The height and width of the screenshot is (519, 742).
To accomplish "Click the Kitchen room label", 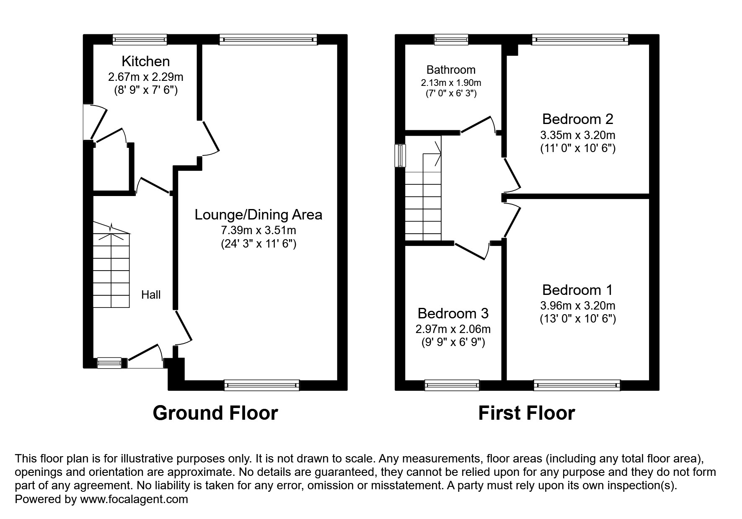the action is click(145, 62).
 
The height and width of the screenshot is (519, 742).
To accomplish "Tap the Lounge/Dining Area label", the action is click(258, 215).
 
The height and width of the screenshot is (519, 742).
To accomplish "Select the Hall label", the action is click(151, 295).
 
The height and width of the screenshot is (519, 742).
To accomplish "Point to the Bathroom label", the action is click(451, 70).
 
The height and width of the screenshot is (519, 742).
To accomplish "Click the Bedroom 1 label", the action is click(577, 290).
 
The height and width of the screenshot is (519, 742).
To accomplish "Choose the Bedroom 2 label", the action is click(577, 119).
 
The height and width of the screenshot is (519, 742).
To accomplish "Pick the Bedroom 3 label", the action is click(453, 313).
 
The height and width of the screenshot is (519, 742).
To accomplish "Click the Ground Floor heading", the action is click(215, 413).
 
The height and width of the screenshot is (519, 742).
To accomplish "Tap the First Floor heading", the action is click(526, 413).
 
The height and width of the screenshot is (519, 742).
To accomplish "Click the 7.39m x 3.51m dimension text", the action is click(258, 230).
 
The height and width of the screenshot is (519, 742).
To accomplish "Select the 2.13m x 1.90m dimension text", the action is click(451, 83).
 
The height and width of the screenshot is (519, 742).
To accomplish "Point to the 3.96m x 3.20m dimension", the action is click(577, 305).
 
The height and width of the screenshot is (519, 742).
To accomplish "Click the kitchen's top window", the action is click(140, 40).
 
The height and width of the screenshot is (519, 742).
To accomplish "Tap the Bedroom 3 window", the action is click(452, 385).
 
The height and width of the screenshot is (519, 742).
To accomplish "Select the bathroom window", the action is click(451, 40).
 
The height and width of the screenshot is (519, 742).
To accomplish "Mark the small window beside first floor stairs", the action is click(401, 156).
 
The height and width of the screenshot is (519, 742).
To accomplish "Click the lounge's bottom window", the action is click(262, 385).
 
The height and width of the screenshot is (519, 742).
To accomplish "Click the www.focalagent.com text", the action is click(134, 499).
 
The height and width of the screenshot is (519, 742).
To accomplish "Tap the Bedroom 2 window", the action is click(580, 40).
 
